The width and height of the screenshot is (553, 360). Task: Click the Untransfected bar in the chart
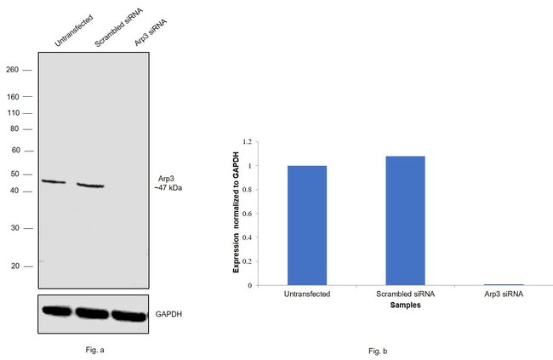[x=307, y=226]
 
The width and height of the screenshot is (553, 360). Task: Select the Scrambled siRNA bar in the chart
[x=405, y=220]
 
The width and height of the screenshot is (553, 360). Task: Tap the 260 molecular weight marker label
[x=12, y=70]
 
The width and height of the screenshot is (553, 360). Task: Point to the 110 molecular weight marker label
[x=12, y=112]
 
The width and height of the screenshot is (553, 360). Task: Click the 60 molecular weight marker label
[x=14, y=150]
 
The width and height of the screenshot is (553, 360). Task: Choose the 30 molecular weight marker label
[x=14, y=228]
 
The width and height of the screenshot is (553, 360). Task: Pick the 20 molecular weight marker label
[x=14, y=266]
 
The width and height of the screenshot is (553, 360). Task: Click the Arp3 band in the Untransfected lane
[x=54, y=181]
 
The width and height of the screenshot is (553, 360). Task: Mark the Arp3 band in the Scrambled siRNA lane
[x=90, y=185]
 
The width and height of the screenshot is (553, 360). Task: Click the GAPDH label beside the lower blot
[x=168, y=314]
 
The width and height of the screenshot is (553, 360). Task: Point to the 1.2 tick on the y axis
[x=248, y=141]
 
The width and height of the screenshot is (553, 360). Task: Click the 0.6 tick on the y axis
[x=248, y=213]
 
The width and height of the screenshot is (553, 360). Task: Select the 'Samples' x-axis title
[x=405, y=304]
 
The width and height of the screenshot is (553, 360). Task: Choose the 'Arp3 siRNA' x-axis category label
[x=503, y=294]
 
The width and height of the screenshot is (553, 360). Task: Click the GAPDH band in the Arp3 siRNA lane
[x=129, y=316]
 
